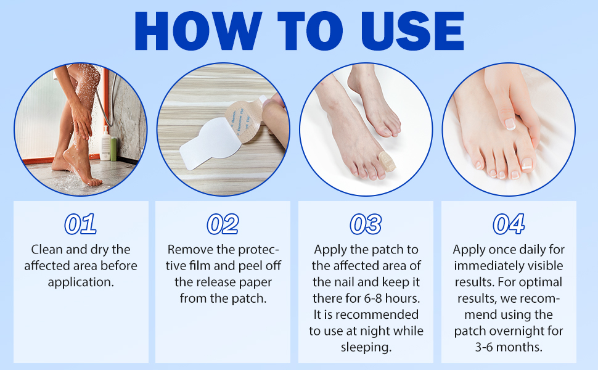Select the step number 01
click(x=80, y=224)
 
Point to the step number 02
click(x=223, y=224)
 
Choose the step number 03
click(x=366, y=224)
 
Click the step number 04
click(x=509, y=224)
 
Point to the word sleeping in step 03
click(x=366, y=347)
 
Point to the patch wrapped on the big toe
click(x=389, y=160)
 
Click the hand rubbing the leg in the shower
click(x=80, y=114)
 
